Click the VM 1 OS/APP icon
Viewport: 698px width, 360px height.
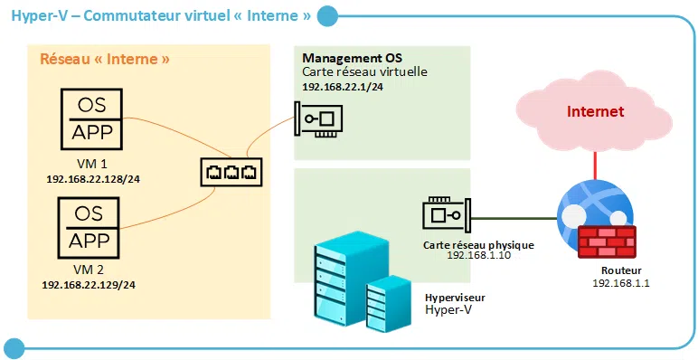tap(90, 118)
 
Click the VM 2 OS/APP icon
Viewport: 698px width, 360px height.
tap(90, 227)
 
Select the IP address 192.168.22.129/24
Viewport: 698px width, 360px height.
tap(90, 285)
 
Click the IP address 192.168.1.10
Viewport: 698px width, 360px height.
tap(478, 256)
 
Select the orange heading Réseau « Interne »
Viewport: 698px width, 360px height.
tap(106, 61)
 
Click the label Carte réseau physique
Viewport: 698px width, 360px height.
tap(478, 244)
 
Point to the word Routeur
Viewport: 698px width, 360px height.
tap(622, 270)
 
